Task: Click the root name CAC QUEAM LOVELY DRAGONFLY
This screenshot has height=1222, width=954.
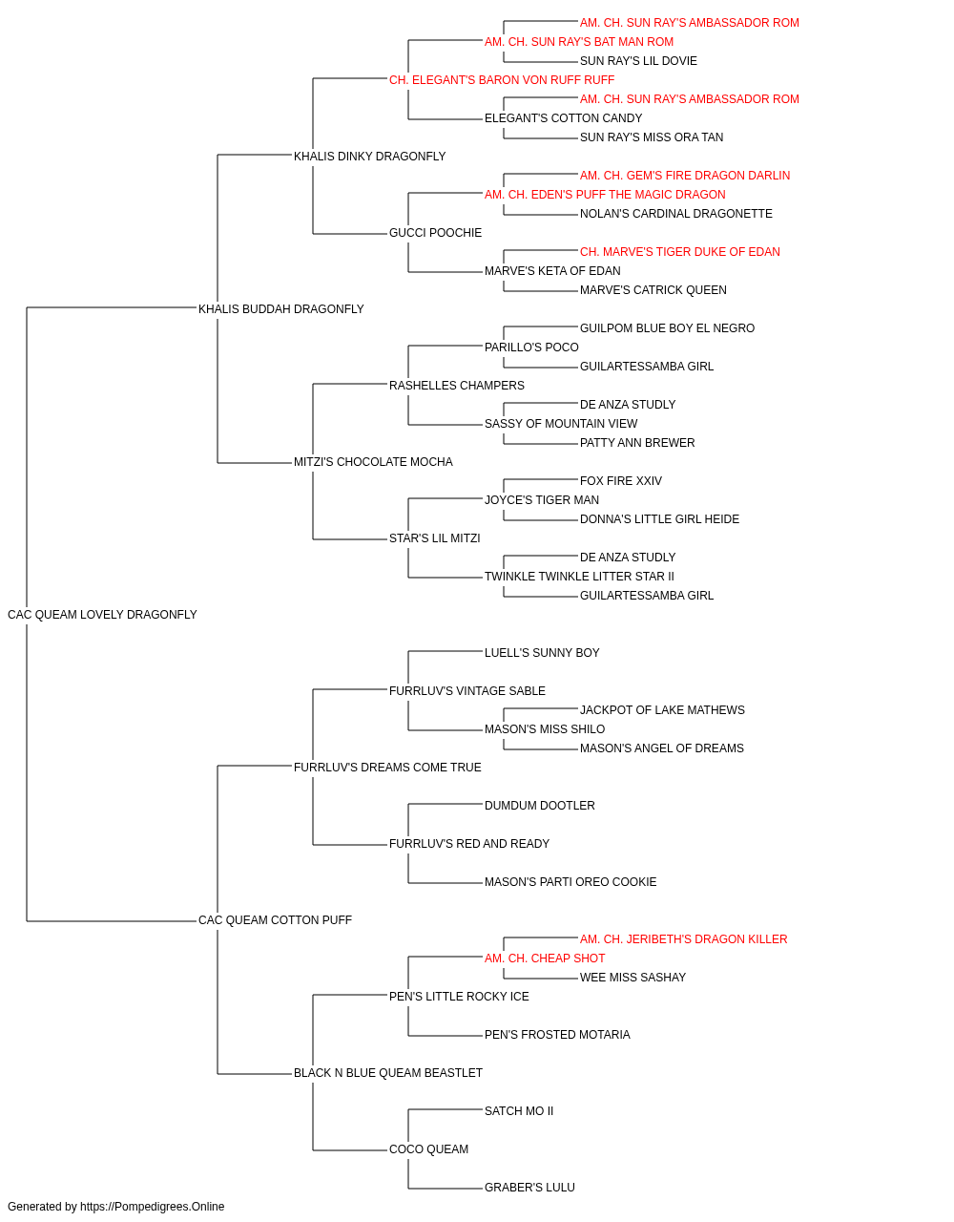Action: [x=102, y=615]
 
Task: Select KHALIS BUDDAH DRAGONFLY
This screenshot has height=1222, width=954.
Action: [x=280, y=308]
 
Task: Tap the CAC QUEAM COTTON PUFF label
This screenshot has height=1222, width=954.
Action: [x=275, y=920]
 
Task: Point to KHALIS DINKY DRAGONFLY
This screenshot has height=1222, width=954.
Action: [x=369, y=157]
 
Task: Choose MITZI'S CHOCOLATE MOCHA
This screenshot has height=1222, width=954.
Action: [x=373, y=462]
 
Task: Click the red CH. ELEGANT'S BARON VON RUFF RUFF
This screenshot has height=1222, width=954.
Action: [x=502, y=80]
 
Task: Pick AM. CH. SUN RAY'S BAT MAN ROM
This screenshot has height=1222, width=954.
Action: [x=579, y=42]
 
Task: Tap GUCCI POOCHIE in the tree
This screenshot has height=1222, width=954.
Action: [x=435, y=233]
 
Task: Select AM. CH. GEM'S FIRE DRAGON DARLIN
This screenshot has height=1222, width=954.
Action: [x=685, y=176]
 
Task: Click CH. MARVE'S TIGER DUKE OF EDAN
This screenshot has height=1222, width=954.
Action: [x=680, y=252]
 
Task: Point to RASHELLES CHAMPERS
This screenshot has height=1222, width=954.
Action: [x=457, y=385]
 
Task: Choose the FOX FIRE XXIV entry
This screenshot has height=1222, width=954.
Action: [x=621, y=481]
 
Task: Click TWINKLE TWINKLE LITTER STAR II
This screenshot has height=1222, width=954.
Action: [x=579, y=577]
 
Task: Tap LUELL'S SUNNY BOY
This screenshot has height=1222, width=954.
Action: [x=542, y=653]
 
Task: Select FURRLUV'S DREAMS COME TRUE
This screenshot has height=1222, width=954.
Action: [x=387, y=768]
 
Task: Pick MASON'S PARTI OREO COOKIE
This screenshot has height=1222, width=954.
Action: [x=570, y=882]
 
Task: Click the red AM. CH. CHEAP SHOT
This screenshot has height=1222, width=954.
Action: [x=545, y=959]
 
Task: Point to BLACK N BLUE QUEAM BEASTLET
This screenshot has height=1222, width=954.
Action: [x=387, y=1073]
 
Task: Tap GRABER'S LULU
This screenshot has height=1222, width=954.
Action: [x=529, y=1187]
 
